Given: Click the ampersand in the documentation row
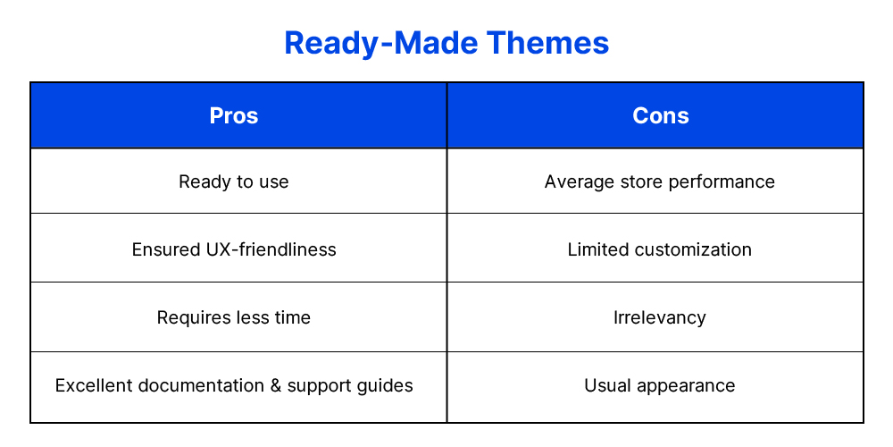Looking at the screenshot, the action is (x=276, y=385).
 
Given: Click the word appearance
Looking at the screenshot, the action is (x=686, y=386).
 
